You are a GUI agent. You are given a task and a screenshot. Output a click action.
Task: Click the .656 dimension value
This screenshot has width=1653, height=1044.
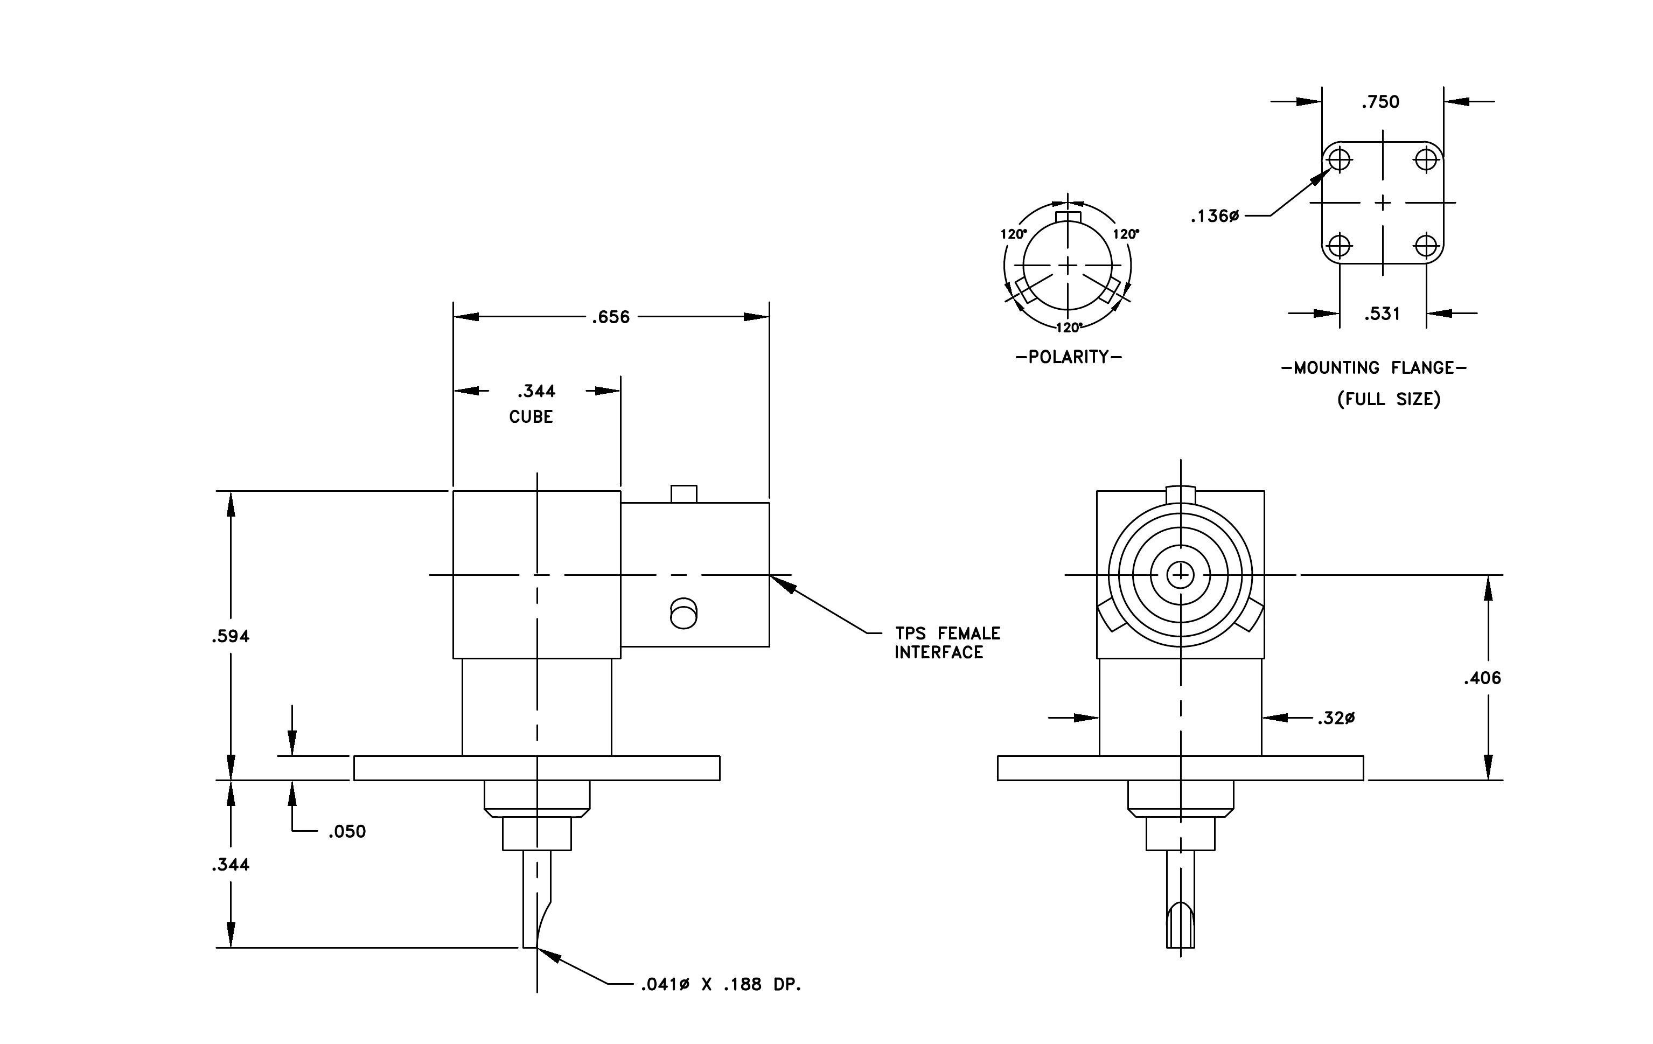tap(610, 317)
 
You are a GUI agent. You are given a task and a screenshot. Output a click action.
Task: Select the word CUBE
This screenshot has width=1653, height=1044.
tap(531, 416)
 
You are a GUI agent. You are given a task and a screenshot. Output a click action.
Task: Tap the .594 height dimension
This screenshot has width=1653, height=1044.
tap(231, 636)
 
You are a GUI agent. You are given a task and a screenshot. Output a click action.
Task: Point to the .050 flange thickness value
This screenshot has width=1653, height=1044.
tap(347, 831)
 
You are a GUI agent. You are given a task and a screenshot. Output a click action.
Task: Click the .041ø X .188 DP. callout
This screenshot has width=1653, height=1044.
tap(721, 984)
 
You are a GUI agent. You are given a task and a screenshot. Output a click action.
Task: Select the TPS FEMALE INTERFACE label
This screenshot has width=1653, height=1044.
tap(947, 643)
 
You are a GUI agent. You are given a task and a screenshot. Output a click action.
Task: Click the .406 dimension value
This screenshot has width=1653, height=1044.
tap(1482, 678)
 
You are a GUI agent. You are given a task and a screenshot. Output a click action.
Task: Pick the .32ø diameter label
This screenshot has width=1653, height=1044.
tap(1336, 718)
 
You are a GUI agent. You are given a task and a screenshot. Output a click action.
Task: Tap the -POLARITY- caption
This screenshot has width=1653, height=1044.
tap(1069, 357)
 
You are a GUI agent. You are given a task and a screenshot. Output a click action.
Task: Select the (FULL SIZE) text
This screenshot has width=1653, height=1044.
tap(1389, 399)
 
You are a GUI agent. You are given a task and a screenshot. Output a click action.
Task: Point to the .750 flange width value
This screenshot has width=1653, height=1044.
tap(1380, 102)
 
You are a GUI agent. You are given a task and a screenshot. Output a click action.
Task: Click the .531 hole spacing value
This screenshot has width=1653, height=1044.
tap(1382, 314)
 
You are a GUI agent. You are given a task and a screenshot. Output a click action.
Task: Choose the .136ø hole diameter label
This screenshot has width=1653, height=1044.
tap(1215, 216)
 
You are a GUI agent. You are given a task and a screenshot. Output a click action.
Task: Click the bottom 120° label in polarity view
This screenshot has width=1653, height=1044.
tap(1069, 328)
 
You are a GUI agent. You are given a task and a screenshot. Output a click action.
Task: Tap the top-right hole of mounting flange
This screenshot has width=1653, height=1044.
tap(1426, 160)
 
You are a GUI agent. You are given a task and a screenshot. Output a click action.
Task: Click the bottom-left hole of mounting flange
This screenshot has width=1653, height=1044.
tap(1340, 245)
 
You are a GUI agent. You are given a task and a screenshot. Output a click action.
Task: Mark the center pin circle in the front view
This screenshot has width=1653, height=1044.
tap(1181, 574)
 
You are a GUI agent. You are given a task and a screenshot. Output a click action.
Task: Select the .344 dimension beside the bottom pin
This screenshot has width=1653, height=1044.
tap(231, 864)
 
